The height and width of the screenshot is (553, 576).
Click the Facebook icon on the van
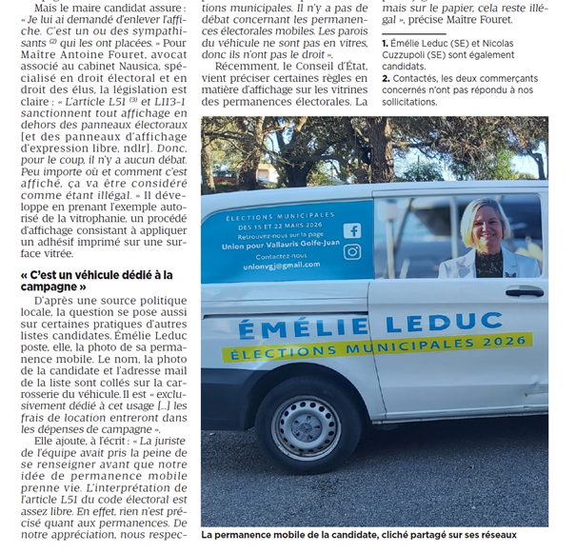(351, 230)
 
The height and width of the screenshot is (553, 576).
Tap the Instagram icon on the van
(352, 252)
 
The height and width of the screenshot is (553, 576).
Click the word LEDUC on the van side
(427, 322)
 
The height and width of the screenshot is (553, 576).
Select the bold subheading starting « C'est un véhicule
(95, 281)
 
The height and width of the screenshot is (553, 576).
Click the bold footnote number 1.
(384, 44)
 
